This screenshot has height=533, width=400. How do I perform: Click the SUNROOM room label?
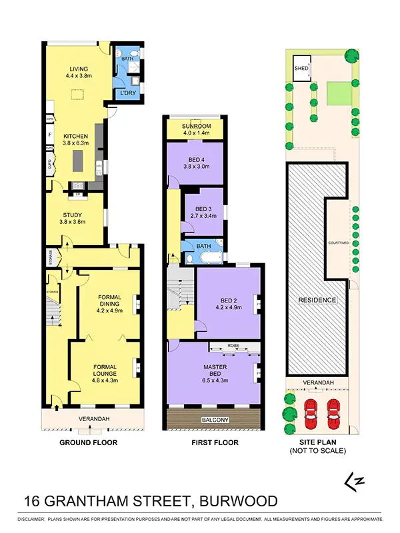point(197,125)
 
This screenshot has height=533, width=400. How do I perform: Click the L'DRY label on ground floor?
point(127,92)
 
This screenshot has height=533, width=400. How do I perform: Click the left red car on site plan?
point(310,415)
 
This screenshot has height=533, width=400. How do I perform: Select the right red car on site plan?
point(333,415)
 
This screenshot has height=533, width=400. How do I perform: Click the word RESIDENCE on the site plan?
point(317,300)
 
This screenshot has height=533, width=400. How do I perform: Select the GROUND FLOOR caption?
point(89,442)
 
